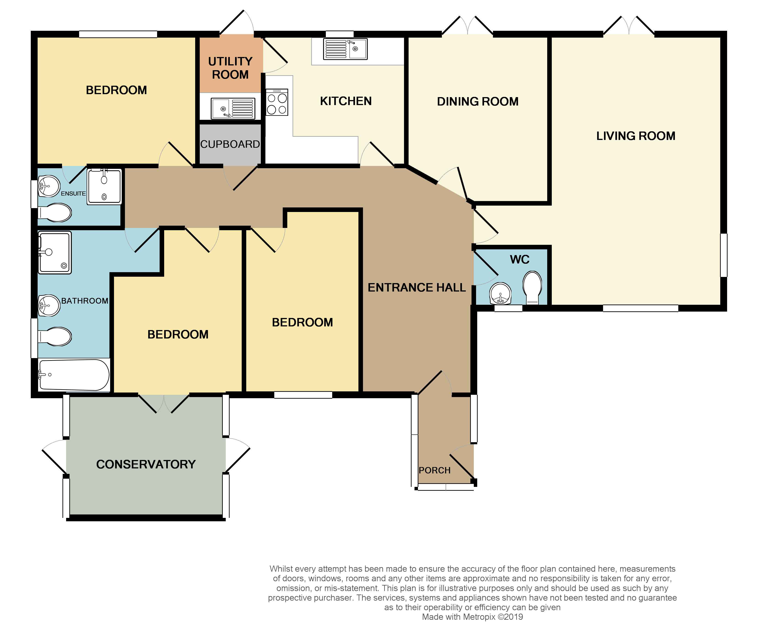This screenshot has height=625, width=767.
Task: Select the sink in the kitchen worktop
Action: point(345,49)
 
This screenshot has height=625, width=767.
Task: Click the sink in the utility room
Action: point(233,108)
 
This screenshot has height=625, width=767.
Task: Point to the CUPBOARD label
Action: point(230,144)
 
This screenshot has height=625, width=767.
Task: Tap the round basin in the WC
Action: point(500,293)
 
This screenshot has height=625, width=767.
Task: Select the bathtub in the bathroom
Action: point(74,375)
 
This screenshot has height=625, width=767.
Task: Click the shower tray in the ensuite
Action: point(104,186)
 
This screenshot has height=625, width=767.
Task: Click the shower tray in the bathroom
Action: point(55,252)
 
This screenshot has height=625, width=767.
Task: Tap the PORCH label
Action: point(434,470)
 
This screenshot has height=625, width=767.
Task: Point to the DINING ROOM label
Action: point(477,101)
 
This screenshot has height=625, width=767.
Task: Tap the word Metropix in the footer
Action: point(479,617)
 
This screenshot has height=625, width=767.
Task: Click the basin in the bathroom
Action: point(49,305)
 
